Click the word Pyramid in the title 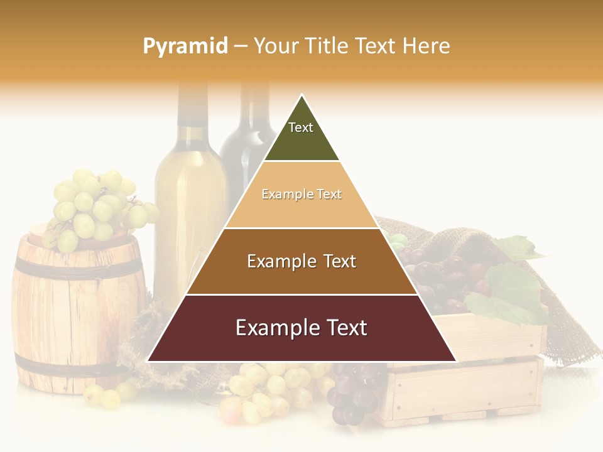(x=185, y=46)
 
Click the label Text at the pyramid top (x=300, y=127)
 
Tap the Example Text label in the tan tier (x=301, y=194)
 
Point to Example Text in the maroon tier (x=301, y=328)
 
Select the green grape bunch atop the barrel (x=94, y=204)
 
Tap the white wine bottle (x=188, y=201)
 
